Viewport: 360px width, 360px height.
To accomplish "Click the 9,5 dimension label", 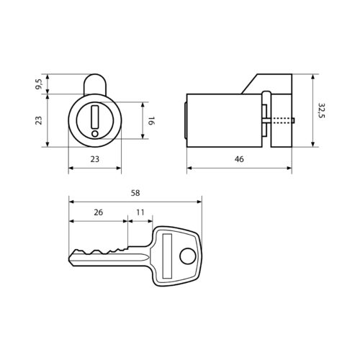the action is click(x=38, y=84).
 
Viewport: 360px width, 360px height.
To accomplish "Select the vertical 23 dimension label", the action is click(x=38, y=120).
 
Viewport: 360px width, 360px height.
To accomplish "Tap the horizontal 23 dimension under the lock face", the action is click(x=95, y=159).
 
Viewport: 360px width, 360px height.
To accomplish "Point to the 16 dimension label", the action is click(x=151, y=121).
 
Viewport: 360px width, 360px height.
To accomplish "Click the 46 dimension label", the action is click(x=239, y=159).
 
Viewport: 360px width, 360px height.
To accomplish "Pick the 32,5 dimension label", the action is click(x=321, y=111).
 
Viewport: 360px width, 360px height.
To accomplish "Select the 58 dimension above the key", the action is click(x=135, y=193).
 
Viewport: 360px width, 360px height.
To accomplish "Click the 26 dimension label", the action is click(x=98, y=212).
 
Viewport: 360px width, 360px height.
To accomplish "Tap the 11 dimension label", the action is click(x=140, y=212).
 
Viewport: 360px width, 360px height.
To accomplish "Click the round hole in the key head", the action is click(x=187, y=256).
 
